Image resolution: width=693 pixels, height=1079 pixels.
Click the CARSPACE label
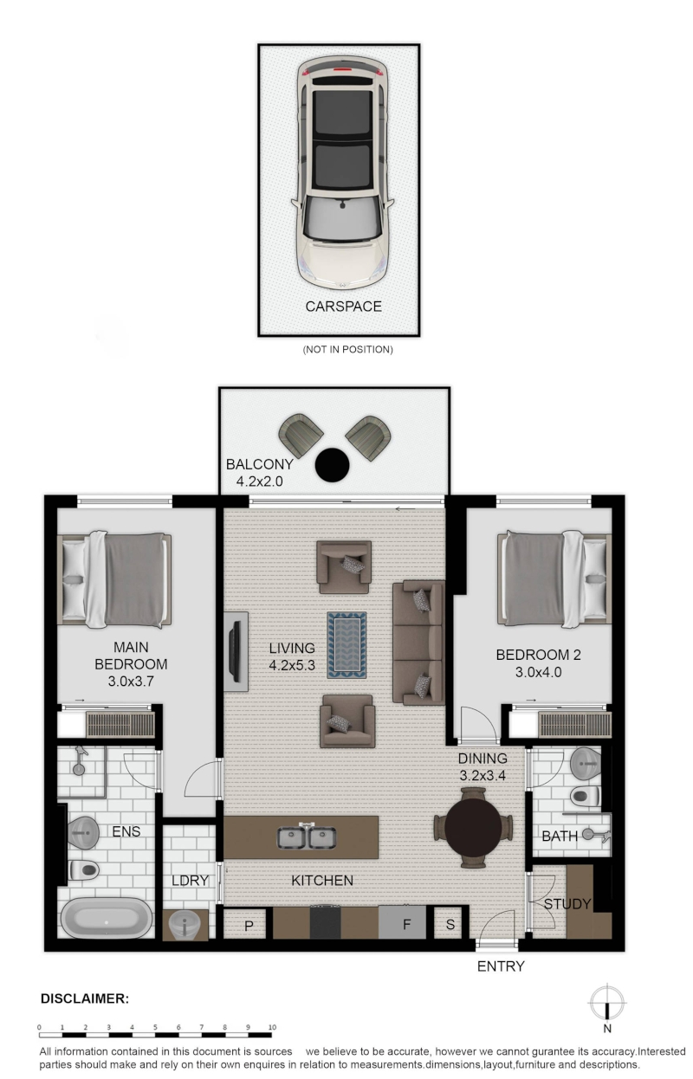coord(343,307)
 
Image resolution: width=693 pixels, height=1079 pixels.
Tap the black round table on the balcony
coord(332,464)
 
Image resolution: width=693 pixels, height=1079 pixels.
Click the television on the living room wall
coord(235,651)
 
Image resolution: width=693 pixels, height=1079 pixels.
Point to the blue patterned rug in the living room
coord(346,644)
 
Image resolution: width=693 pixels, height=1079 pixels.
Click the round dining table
coord(472,827)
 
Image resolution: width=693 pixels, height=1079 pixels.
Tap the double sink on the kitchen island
coord(306,837)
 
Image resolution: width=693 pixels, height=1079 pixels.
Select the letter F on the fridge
coord(406,924)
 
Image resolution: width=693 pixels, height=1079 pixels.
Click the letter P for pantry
coord(249,926)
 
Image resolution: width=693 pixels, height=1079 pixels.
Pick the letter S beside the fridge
coord(450,924)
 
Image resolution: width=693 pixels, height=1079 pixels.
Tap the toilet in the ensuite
coord(84,870)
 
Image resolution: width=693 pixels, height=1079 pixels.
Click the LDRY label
coord(190,880)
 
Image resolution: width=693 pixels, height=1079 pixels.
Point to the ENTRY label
coord(500,966)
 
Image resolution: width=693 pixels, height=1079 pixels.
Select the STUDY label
coord(567,904)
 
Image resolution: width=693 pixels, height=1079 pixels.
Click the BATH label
coord(559,836)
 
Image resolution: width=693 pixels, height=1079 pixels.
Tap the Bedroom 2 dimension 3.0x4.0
coord(538,672)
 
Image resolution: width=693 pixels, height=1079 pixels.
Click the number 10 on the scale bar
coord(272,1027)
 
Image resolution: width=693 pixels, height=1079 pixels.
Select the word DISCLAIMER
coord(85,998)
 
